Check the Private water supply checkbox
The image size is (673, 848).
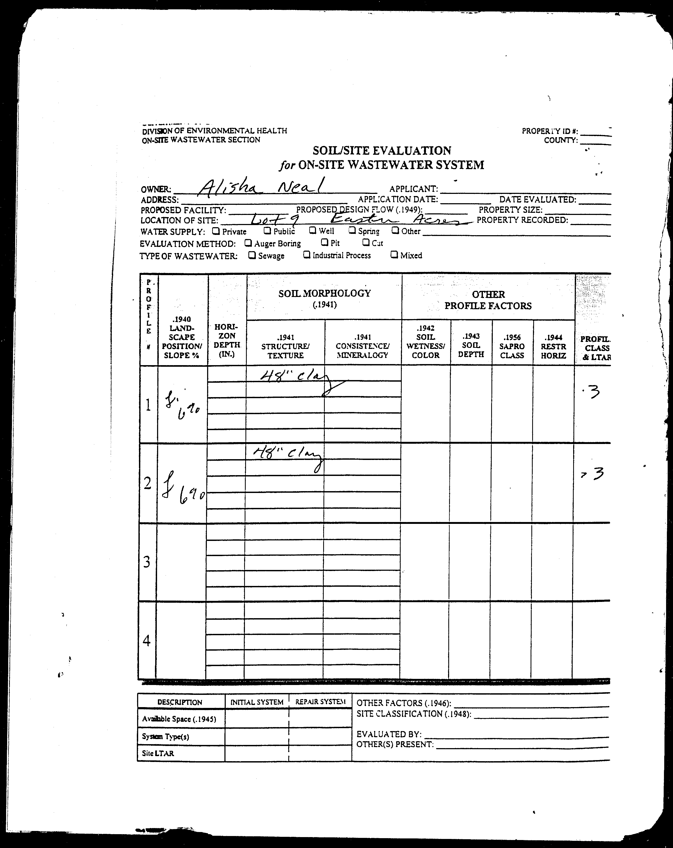[x=216, y=231]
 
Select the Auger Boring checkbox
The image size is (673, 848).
[x=248, y=243]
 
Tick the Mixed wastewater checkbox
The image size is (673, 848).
[x=394, y=254]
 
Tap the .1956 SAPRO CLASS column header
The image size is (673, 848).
[x=512, y=346]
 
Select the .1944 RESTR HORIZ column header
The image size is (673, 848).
[x=553, y=346]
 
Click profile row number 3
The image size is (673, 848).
[x=147, y=562]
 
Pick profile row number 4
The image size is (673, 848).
[x=147, y=641]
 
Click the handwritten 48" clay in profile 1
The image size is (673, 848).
[x=295, y=379]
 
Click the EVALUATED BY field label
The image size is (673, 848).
[x=389, y=734]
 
